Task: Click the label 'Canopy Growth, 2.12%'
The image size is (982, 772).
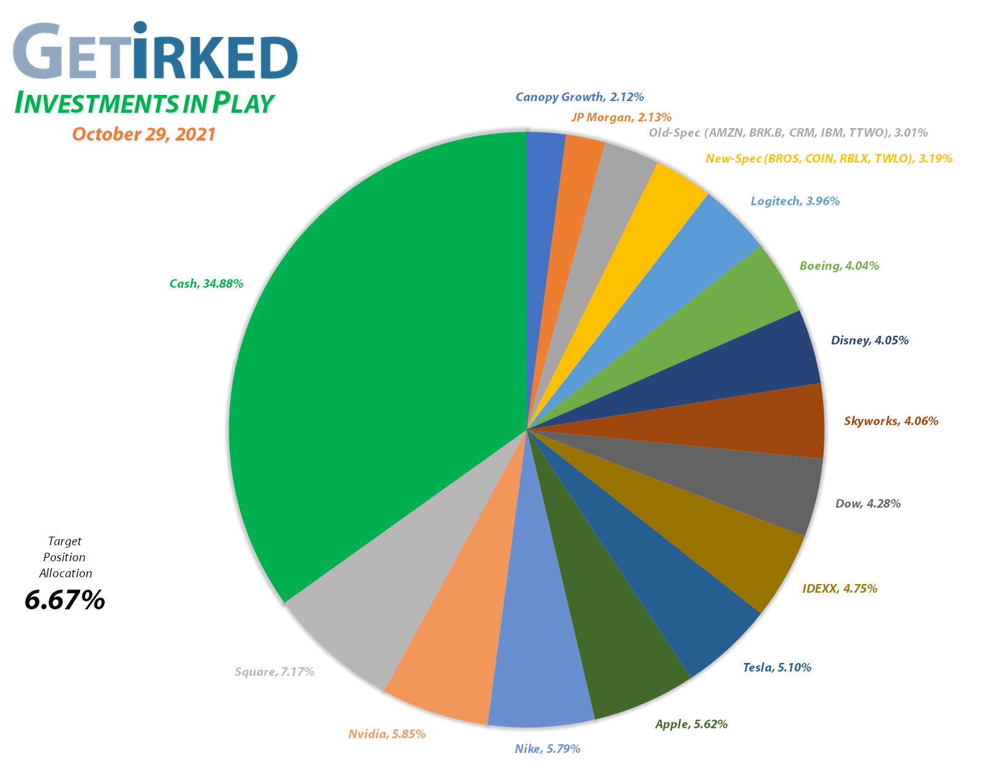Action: pyautogui.click(x=580, y=97)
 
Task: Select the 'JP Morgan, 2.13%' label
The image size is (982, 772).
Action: pyautogui.click(x=621, y=117)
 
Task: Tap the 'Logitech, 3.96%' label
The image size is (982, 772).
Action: pyautogui.click(x=795, y=201)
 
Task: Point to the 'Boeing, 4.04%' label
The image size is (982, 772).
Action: pyautogui.click(x=839, y=266)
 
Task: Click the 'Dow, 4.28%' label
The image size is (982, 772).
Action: pyautogui.click(x=867, y=503)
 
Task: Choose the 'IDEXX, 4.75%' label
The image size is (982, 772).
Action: pyautogui.click(x=840, y=588)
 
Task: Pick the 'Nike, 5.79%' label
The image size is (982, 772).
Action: pyautogui.click(x=547, y=749)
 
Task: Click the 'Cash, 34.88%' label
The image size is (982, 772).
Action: pyautogui.click(x=206, y=283)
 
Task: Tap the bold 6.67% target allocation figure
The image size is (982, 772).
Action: pyautogui.click(x=65, y=599)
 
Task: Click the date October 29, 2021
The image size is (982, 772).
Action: pyautogui.click(x=144, y=134)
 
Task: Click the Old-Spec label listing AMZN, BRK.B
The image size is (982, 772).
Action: pyautogui.click(x=788, y=132)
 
